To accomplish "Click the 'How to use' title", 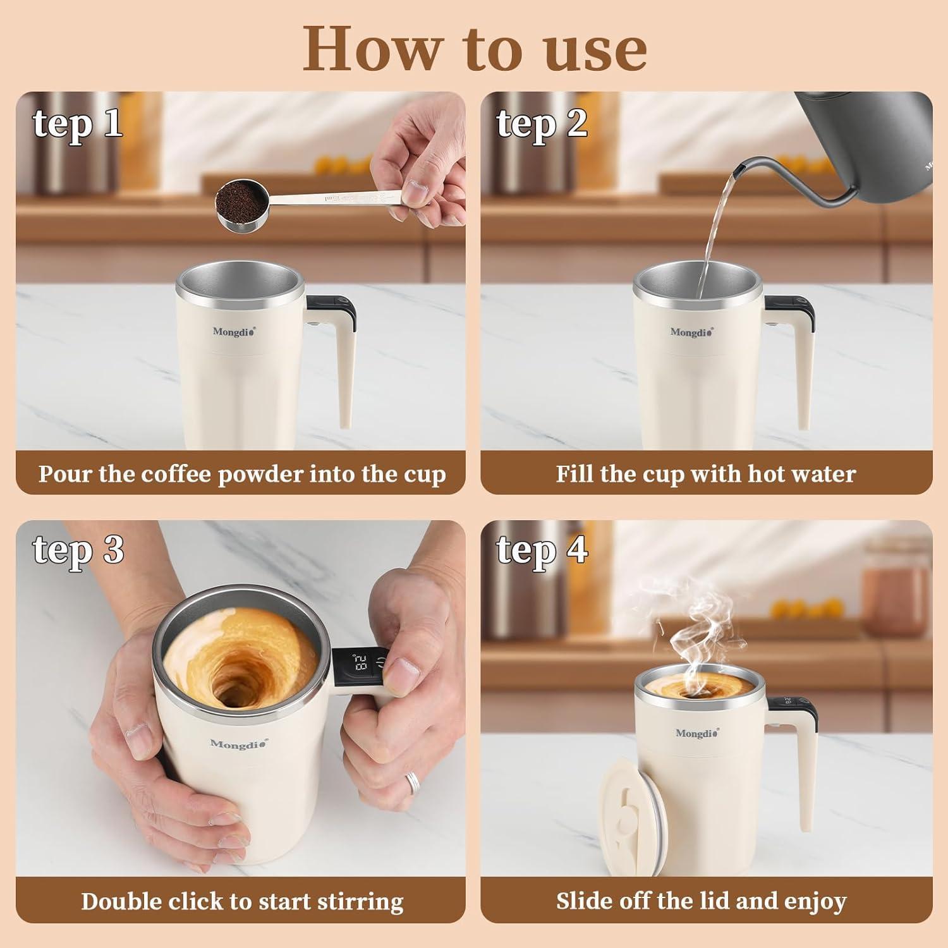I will pos(475,49).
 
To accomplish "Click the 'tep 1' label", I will pos(78,123).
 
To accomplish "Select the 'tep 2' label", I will pos(542,123).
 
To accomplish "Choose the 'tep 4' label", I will pos(542,549).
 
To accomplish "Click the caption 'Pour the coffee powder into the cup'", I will pos(242,474).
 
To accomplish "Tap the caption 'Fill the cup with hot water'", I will pos(706,474).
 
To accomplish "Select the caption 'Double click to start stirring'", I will pos(242,901).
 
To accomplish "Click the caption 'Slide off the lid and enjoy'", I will pos(701,901).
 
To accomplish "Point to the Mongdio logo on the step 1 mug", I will pos(234,332).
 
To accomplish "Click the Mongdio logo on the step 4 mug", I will pos(696,733).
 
